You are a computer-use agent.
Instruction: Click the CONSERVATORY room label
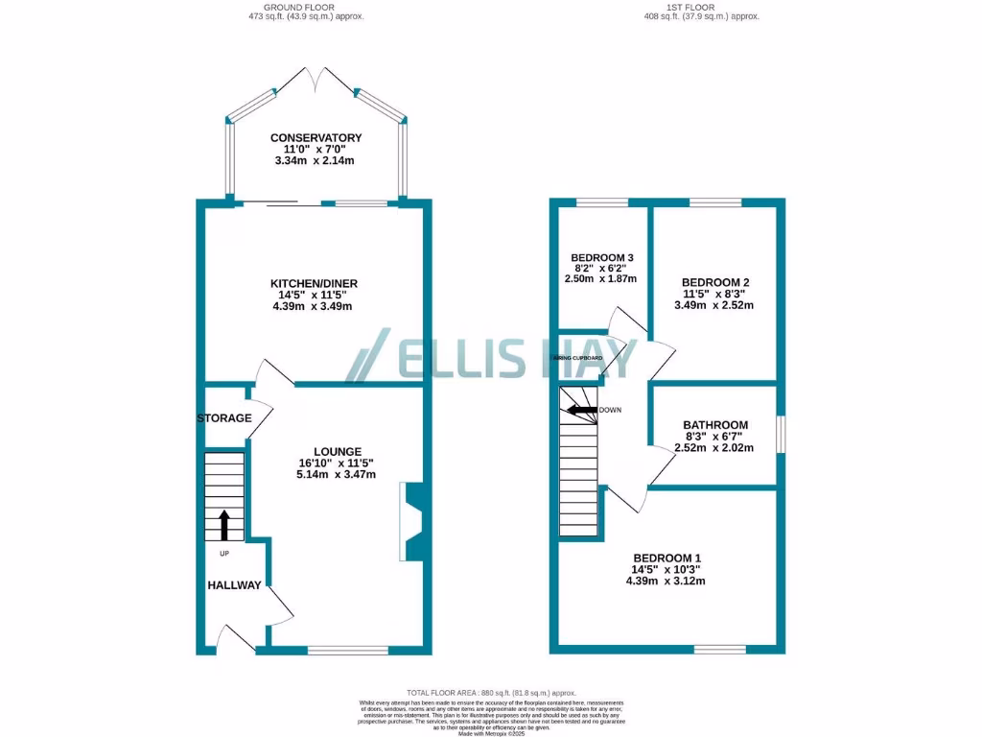316,137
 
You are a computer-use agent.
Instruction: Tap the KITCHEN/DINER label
314,283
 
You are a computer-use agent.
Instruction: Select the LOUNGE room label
337,451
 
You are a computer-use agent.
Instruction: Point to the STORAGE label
224,418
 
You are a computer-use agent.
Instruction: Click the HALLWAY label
234,584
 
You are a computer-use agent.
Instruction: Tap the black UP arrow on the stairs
225,525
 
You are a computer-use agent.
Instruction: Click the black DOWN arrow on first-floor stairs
581,410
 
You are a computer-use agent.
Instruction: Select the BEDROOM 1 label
666,558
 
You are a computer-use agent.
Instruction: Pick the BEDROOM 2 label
713,281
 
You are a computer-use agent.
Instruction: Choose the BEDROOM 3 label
602,258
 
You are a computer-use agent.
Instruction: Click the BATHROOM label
715,425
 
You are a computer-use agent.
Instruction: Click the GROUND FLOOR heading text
315,6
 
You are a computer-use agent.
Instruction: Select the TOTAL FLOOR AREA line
491,692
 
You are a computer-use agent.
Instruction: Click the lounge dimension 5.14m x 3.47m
337,474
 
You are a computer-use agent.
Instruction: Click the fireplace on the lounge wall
413,521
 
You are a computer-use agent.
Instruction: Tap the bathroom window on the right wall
781,434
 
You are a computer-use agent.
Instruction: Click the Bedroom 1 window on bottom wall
720,650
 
